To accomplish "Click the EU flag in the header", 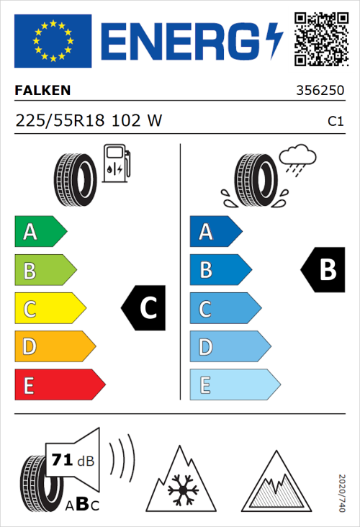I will (53, 41).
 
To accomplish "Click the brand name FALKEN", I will (43, 91).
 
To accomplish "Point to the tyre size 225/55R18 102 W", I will (89, 122).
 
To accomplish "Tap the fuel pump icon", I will (115, 163).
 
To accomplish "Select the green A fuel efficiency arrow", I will (40, 232).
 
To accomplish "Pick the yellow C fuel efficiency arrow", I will (49, 309).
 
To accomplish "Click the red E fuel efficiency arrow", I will (59, 386).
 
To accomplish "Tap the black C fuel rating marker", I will (145, 308).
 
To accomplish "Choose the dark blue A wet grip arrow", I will (215, 232).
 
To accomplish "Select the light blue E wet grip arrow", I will (234, 386).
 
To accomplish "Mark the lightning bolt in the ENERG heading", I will (273, 42).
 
